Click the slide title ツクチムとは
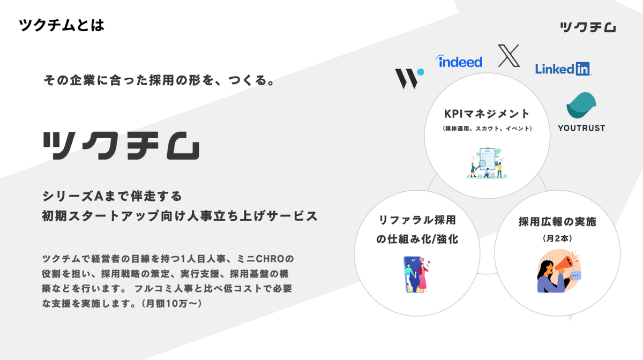pos(62,25)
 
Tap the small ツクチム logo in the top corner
pos(587,27)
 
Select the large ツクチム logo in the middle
pos(121,145)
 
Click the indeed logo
pos(459,62)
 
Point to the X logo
pos(509,56)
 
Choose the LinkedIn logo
pos(563,69)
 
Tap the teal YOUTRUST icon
pos(581,105)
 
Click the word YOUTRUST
pos(581,128)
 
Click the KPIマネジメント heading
pos(487,114)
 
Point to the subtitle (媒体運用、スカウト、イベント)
pos(487,129)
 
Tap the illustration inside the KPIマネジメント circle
pos(487,161)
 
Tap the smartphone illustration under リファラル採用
pos(415,274)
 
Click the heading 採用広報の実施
pos(557,222)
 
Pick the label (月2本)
pos(557,238)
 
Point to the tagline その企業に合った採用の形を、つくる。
pos(160,82)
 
